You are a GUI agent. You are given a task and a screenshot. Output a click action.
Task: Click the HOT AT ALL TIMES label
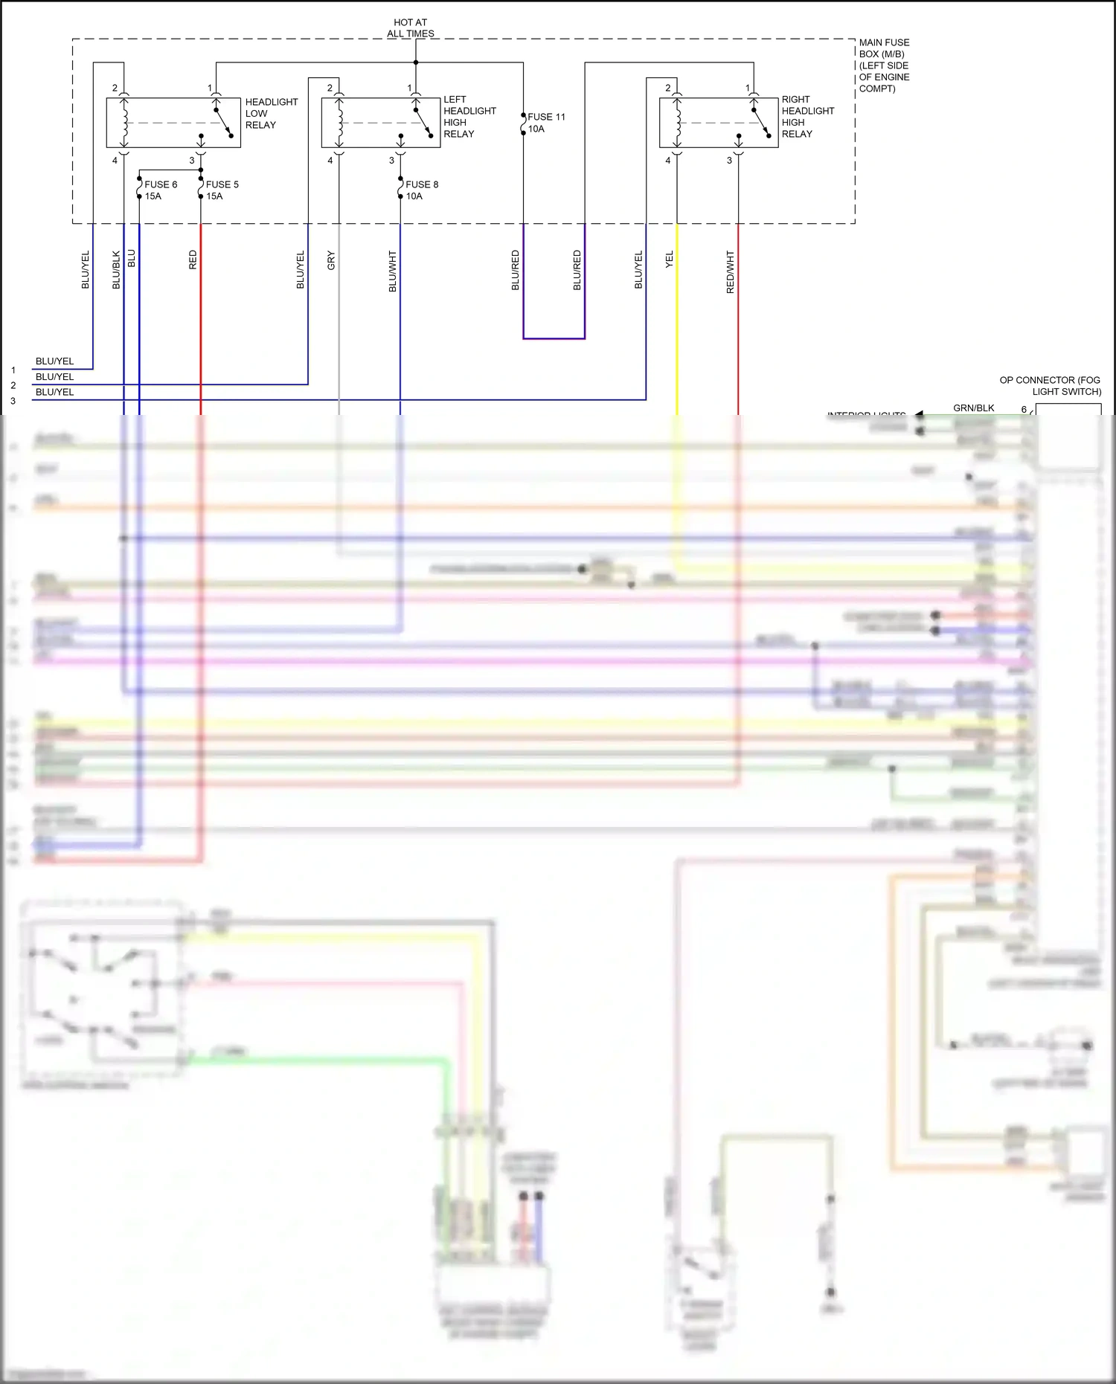(x=411, y=28)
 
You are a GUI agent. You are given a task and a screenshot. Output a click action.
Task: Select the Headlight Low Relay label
(x=271, y=113)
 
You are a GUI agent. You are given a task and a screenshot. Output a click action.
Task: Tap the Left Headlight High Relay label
(x=469, y=116)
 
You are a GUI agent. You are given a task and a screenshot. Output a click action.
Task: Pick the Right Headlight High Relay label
(x=807, y=116)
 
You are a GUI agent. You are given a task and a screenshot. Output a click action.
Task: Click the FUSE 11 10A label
(x=545, y=123)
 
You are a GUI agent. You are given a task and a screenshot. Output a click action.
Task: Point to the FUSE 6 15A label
(x=160, y=190)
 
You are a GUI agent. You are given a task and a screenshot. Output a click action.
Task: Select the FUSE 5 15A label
(x=222, y=190)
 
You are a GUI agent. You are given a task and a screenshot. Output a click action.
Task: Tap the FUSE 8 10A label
(x=421, y=190)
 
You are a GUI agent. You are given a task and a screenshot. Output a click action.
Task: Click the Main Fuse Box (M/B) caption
(x=884, y=65)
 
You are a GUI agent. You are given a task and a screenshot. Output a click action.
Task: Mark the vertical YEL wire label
(x=670, y=259)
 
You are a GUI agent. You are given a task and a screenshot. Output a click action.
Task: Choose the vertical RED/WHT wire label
(x=731, y=271)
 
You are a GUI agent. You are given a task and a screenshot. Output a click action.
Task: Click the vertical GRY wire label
(x=332, y=260)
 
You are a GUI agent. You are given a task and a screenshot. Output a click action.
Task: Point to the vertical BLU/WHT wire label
(x=393, y=271)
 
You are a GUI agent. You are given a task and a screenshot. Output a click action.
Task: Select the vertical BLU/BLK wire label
(x=116, y=269)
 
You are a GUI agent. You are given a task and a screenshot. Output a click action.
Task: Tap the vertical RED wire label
(x=193, y=259)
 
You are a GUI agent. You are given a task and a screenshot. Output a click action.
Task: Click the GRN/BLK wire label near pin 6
(x=973, y=408)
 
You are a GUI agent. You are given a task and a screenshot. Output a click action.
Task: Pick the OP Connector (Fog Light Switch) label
(x=1050, y=385)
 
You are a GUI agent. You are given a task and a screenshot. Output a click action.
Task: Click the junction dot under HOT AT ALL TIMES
(x=416, y=62)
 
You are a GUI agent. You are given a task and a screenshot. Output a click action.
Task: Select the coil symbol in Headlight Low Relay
(x=124, y=123)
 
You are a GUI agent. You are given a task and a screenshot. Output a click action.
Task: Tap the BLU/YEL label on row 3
(x=54, y=392)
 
